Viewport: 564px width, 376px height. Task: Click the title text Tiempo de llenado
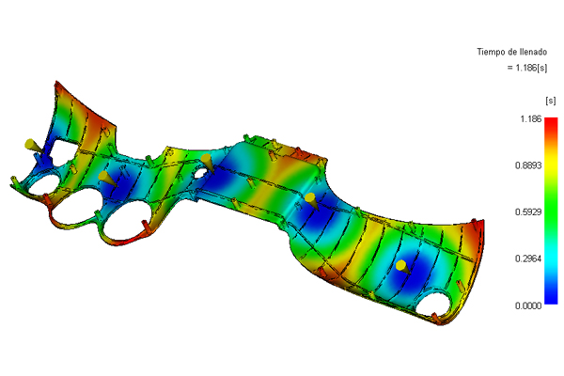pyautogui.click(x=512, y=52)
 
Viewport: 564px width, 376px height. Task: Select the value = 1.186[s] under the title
pyautogui.click(x=527, y=68)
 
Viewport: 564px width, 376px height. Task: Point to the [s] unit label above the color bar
pyautogui.click(x=550, y=101)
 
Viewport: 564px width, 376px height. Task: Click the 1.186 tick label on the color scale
pyautogui.click(x=531, y=119)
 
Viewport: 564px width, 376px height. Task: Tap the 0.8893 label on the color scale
pyautogui.click(x=528, y=165)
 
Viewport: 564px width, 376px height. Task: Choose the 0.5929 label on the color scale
pyautogui.click(x=528, y=212)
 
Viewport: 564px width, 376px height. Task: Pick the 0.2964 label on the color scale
pyautogui.click(x=528, y=258)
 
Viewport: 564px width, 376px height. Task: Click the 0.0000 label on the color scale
pyautogui.click(x=528, y=305)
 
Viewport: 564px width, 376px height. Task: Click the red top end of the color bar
pyautogui.click(x=551, y=120)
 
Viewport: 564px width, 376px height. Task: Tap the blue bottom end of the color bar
pyautogui.click(x=551, y=302)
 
